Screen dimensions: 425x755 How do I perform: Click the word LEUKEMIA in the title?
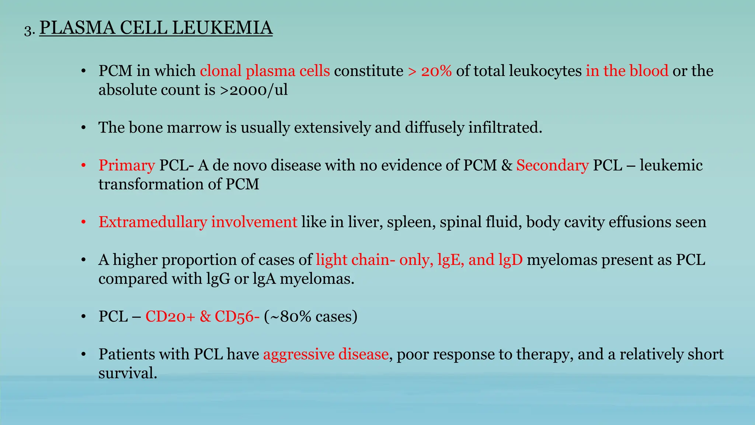click(222, 28)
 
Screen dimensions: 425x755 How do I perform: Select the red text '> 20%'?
click(430, 71)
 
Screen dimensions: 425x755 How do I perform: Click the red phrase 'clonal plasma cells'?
click(265, 71)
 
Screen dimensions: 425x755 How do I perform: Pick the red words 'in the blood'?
click(627, 71)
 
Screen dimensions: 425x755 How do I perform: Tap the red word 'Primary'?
click(126, 165)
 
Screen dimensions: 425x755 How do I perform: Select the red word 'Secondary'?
click(552, 165)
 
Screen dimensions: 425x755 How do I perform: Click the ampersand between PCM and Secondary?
click(507, 165)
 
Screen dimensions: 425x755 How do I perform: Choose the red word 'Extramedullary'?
click(153, 222)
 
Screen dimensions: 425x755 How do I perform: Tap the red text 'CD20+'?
click(170, 317)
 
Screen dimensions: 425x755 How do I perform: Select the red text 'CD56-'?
click(237, 317)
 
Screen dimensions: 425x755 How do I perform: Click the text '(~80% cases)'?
click(311, 317)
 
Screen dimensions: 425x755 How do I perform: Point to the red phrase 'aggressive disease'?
click(326, 354)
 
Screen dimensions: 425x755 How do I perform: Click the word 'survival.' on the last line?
click(128, 373)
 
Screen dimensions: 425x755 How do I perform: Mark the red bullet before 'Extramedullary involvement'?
click(84, 222)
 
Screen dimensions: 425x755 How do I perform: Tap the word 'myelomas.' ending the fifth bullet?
click(317, 279)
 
